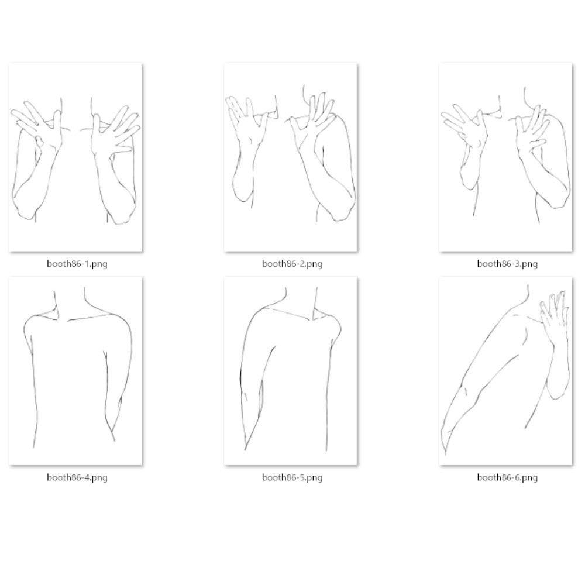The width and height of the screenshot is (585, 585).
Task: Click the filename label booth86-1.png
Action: click(77, 264)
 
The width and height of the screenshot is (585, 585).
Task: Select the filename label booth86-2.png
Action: click(292, 264)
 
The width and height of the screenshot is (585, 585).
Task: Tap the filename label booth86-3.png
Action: click(507, 264)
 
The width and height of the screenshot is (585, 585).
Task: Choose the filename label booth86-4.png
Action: click(77, 477)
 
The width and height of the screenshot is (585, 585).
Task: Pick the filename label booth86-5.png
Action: click(292, 477)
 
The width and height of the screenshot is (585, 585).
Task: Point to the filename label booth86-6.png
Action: click(507, 477)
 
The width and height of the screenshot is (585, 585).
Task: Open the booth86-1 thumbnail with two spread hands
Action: click(75, 157)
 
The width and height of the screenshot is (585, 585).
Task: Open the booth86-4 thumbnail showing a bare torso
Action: click(75, 371)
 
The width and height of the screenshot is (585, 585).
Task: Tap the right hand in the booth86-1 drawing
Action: click(115, 130)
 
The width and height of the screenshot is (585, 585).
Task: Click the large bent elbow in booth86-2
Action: click(342, 209)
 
